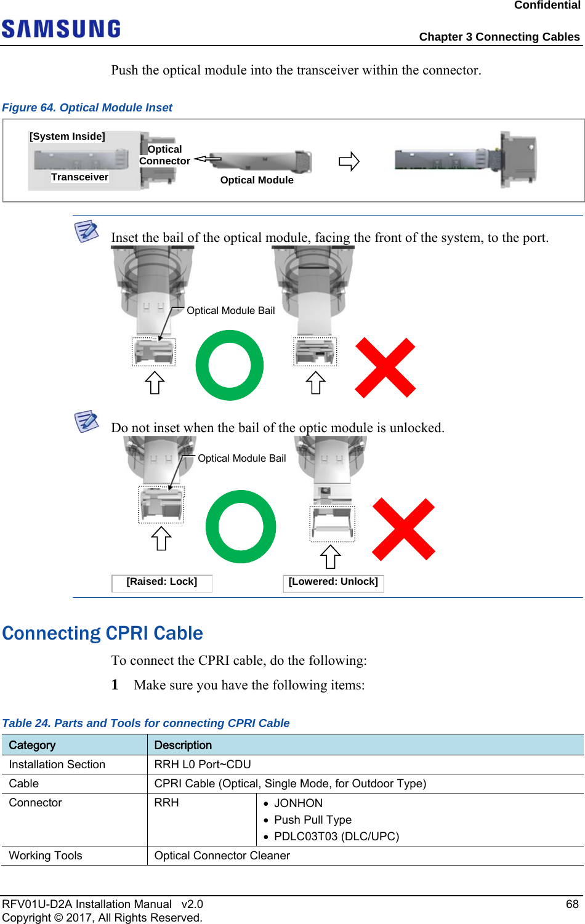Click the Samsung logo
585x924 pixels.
(x=61, y=29)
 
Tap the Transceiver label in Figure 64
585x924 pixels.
(x=79, y=177)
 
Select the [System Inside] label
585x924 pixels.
(x=67, y=137)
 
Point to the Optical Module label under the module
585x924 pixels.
(x=257, y=180)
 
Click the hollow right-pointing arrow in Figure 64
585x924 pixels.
(x=349, y=162)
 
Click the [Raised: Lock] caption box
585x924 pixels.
(x=162, y=582)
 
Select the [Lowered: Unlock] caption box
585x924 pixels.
(x=333, y=582)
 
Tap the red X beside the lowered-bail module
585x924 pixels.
(x=404, y=529)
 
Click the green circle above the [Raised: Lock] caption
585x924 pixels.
(x=241, y=527)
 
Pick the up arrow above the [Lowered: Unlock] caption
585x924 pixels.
(x=331, y=557)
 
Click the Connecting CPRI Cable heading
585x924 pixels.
(x=103, y=633)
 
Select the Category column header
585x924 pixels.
(x=32, y=745)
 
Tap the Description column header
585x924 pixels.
(x=183, y=745)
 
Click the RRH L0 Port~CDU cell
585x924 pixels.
(x=203, y=765)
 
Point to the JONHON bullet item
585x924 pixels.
(x=298, y=803)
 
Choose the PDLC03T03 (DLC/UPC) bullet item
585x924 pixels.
(x=336, y=837)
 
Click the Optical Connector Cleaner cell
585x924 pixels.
(x=222, y=856)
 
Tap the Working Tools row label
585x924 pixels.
(x=46, y=856)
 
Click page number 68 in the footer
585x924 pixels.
(x=572, y=904)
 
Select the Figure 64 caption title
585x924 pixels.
(x=87, y=108)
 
